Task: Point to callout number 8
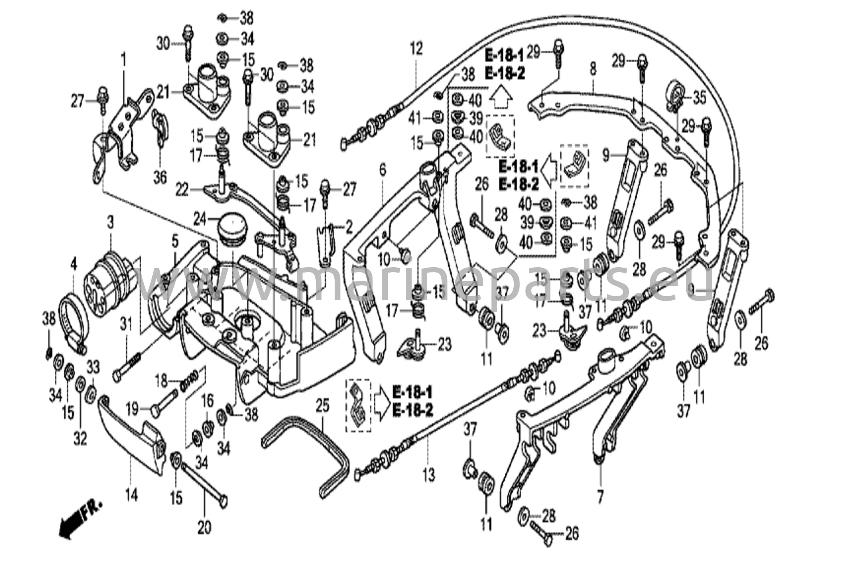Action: coord(592,69)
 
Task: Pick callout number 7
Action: coord(600,498)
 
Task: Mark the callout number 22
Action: coord(182,190)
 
